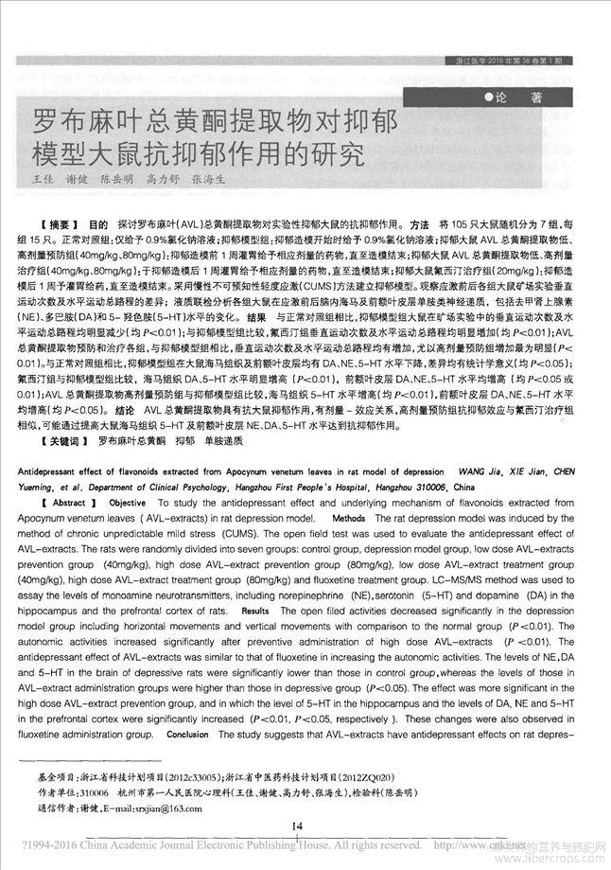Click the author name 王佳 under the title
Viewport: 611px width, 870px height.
click(x=44, y=179)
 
